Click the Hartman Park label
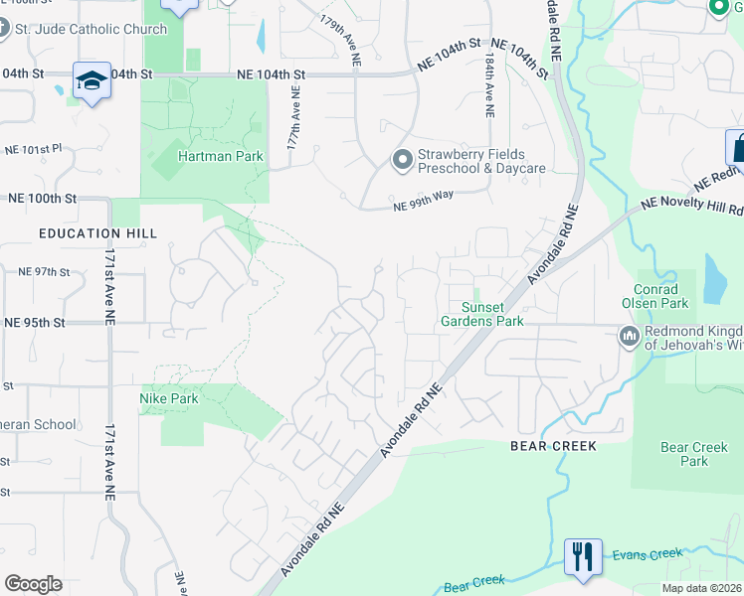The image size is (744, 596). coord(207,156)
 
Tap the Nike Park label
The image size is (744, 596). coord(168,398)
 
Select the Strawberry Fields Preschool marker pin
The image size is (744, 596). coord(402,159)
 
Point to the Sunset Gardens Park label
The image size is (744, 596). coord(483,314)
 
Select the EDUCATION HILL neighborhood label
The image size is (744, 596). coord(93,231)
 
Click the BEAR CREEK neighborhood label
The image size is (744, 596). coord(554,446)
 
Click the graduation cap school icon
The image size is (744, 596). coord(92,80)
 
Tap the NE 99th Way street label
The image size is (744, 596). coord(423,201)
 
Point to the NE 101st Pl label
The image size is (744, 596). coord(33,149)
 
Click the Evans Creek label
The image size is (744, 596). coord(646,553)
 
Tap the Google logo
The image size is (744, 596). coord(33,583)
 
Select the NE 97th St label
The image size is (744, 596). coord(44,271)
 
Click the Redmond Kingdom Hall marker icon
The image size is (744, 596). coord(628,337)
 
